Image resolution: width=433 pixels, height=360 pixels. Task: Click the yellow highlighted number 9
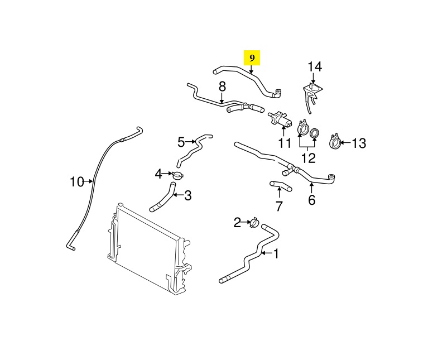pos(252,58)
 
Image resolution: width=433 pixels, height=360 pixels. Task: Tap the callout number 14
pos(315,66)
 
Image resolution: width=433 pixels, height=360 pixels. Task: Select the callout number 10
pos(77,182)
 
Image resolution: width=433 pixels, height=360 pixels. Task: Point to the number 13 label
pos(358,143)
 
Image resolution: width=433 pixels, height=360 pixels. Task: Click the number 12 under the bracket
pos(308,158)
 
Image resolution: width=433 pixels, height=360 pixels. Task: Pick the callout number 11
pos(285,143)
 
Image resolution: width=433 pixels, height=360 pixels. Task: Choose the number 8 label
pos(222,87)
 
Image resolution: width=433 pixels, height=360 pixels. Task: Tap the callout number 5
pos(181,142)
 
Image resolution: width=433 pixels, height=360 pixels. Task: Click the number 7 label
pos(279,206)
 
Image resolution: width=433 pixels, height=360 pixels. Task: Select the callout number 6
pos(311,200)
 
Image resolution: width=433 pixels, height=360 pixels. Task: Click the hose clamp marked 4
pos(178,175)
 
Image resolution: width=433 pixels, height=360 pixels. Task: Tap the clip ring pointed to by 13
pos(335,142)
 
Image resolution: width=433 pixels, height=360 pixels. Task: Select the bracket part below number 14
pos(312,96)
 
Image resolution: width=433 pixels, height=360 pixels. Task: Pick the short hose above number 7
pos(281,186)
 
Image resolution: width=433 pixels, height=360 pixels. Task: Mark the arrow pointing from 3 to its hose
pos(177,195)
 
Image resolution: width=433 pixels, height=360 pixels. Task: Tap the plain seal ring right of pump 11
pos(315,133)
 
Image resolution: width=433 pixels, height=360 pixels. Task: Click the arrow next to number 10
pos(89,181)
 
